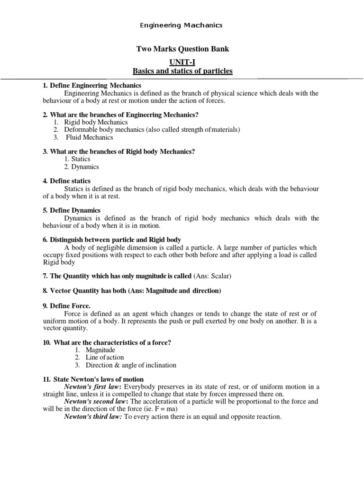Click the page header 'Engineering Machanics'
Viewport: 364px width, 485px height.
(x=182, y=25)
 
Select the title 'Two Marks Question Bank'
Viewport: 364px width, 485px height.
(x=182, y=49)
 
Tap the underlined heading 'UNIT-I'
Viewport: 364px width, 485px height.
(x=182, y=62)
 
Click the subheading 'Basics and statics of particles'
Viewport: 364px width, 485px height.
(x=182, y=71)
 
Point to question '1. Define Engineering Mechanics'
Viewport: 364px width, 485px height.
(x=92, y=85)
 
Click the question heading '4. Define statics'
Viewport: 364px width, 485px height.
(x=67, y=181)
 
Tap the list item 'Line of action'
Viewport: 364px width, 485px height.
(x=105, y=358)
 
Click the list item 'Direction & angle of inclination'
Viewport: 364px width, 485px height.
(x=131, y=365)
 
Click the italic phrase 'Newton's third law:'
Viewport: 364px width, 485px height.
(x=93, y=417)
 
